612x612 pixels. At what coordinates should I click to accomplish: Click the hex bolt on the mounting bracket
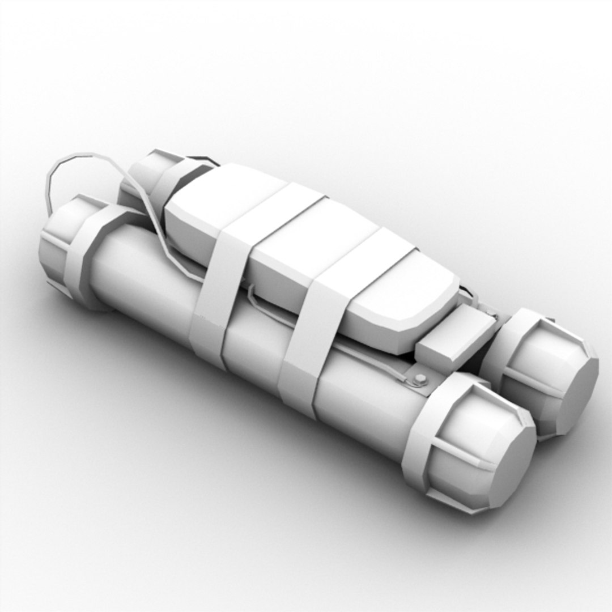pyautogui.click(x=420, y=379)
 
